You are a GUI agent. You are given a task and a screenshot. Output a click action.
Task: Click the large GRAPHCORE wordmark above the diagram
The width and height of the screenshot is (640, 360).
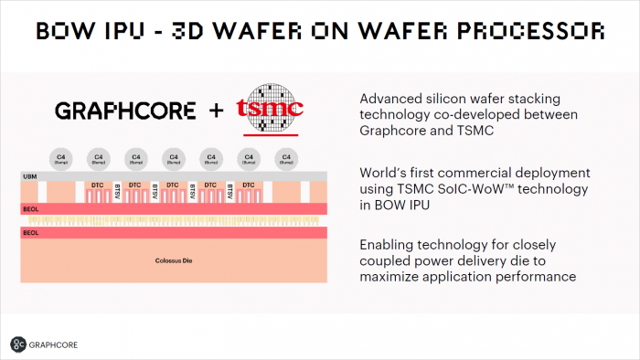click(x=125, y=111)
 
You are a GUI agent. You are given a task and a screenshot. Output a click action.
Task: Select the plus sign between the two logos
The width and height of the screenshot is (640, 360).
click(x=217, y=111)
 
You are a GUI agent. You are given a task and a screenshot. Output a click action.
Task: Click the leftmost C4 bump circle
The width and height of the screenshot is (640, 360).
click(x=59, y=157)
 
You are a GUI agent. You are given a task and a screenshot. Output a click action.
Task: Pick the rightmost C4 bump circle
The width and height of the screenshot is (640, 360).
click(x=286, y=157)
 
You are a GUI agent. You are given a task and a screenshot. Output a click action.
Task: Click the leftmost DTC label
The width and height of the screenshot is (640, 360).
click(x=97, y=185)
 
